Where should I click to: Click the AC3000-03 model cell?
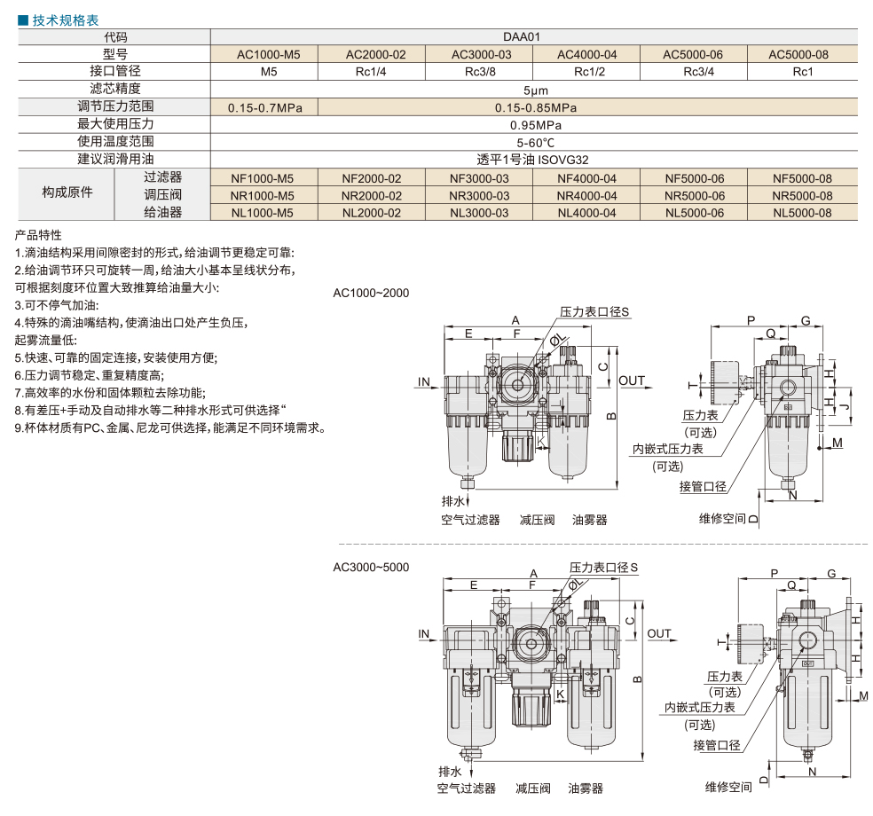click(481, 55)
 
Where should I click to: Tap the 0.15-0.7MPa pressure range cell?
click(264, 107)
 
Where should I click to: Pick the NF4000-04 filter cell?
click(586, 178)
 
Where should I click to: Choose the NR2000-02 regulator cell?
click(372, 196)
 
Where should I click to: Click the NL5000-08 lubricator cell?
click(802, 213)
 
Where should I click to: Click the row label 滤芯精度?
click(115, 89)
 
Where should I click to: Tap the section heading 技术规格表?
click(65, 20)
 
